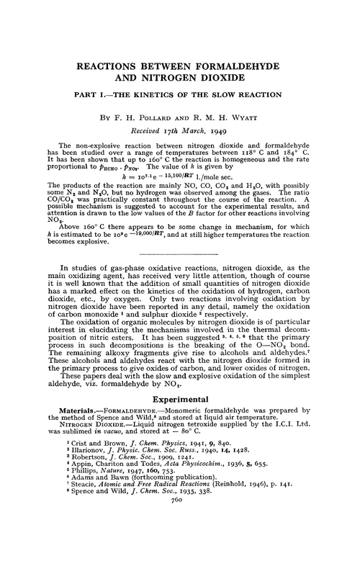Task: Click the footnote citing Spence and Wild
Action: (x=152, y=516)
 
